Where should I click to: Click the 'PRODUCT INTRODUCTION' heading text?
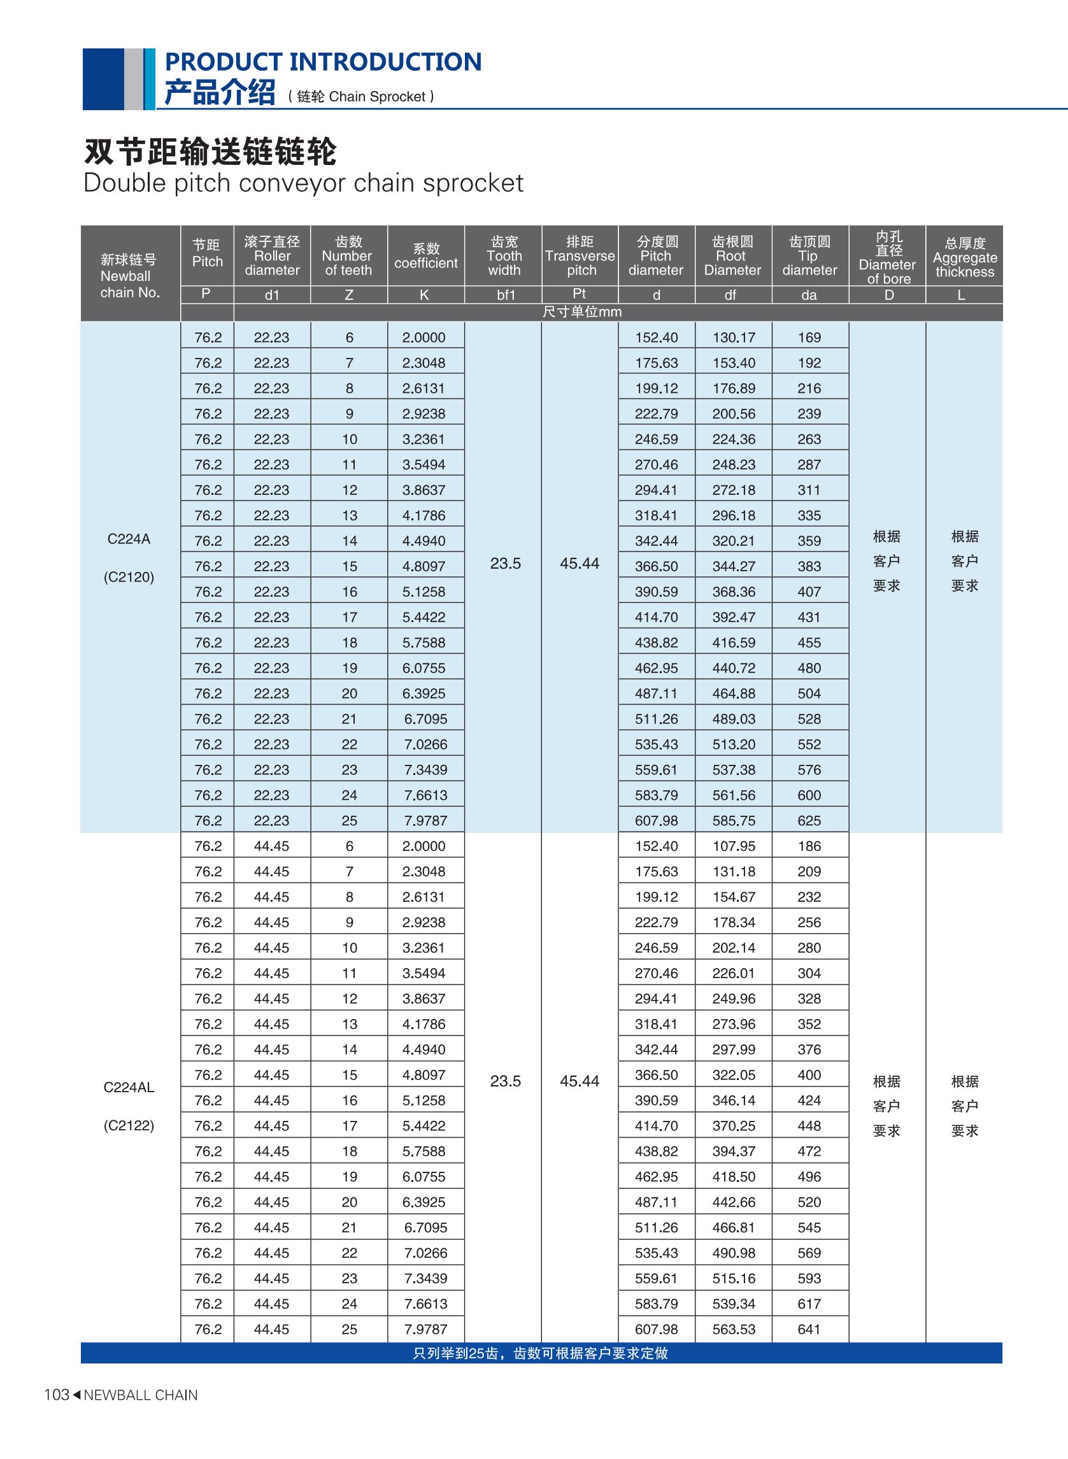[324, 62]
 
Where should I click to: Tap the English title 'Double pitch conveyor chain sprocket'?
[303, 183]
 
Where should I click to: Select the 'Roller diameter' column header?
[272, 256]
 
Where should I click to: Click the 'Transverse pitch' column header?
[580, 256]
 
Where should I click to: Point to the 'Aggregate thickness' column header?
[965, 257]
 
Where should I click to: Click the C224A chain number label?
[129, 539]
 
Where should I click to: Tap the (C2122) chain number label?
[129, 1125]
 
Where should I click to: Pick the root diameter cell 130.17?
[734, 338]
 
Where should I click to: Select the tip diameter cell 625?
[809, 820]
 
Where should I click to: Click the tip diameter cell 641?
[809, 1329]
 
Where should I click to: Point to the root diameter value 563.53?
[734, 1329]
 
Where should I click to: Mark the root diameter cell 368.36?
[734, 592]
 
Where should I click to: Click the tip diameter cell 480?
[809, 668]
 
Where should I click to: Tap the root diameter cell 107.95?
[734, 846]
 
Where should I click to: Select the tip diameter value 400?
[809, 1075]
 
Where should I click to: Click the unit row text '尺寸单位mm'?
[582, 312]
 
